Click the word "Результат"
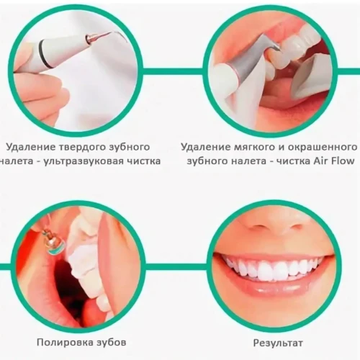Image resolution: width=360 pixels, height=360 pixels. click(x=278, y=343)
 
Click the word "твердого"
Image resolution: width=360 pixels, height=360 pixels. click(x=80, y=147)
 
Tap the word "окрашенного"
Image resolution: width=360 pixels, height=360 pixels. click(x=323, y=147)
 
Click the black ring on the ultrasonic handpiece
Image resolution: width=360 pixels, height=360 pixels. click(x=45, y=55)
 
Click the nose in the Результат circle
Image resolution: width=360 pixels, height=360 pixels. click(x=274, y=227)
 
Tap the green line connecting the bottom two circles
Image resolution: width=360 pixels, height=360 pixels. click(x=176, y=266)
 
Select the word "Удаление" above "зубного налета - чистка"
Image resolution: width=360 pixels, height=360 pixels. click(x=205, y=147)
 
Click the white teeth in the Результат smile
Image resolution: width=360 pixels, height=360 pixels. click(x=274, y=269)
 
